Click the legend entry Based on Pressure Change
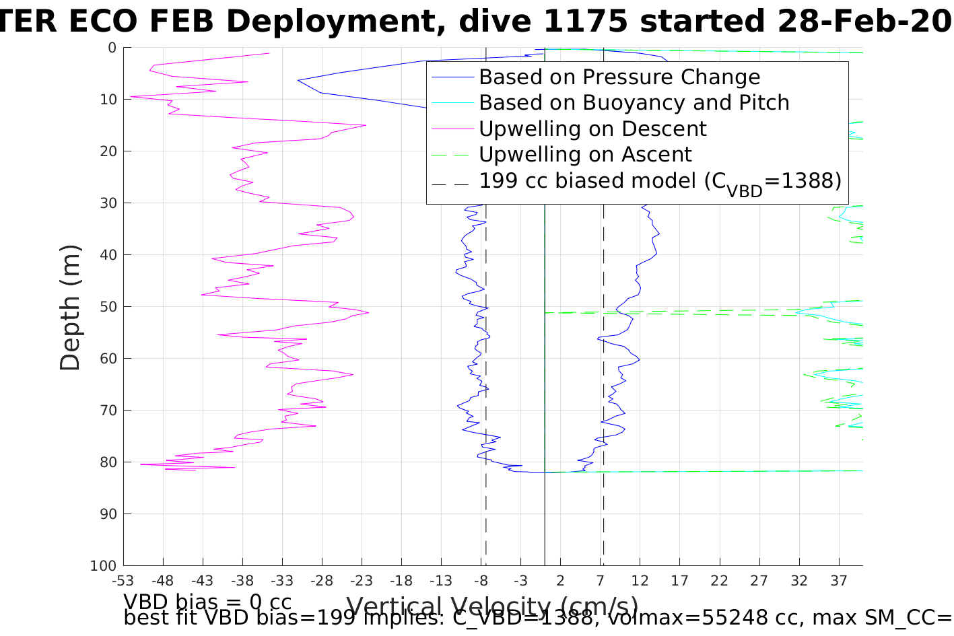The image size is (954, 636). click(619, 77)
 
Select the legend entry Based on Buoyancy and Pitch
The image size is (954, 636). click(634, 103)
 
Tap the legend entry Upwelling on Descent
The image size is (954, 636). click(592, 129)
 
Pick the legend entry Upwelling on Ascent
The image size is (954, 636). click(585, 155)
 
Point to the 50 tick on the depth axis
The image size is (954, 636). click(108, 307)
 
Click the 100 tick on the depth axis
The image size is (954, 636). click(104, 566)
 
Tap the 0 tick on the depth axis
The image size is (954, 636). click(112, 48)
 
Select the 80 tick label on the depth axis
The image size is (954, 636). click(108, 462)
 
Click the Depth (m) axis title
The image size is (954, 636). click(70, 307)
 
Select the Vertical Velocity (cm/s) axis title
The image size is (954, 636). click(492, 606)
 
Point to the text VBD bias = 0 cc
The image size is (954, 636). click(207, 601)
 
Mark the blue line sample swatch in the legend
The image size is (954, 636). click(452, 77)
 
